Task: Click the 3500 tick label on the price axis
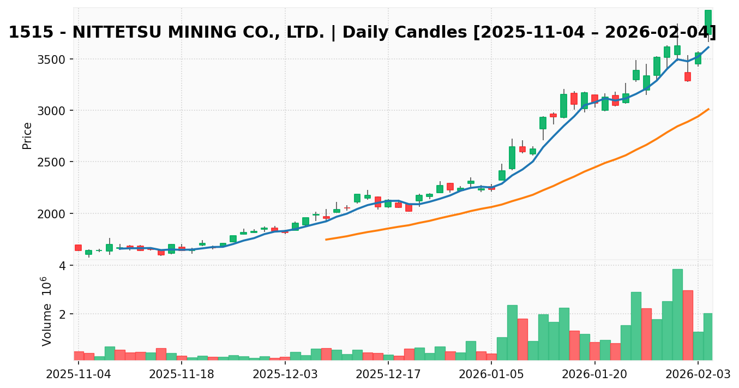(x=52, y=59)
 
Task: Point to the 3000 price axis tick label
(x=52, y=111)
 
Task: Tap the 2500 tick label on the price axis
(x=52, y=162)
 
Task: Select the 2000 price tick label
(x=52, y=213)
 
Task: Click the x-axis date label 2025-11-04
(x=79, y=374)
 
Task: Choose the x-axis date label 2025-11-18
(x=182, y=374)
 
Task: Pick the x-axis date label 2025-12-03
(x=285, y=374)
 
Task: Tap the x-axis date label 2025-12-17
(x=388, y=374)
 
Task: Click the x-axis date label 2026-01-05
(x=491, y=374)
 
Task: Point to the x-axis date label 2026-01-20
(x=594, y=374)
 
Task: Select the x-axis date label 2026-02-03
(x=698, y=374)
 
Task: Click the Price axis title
(x=27, y=135)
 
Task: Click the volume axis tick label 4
(x=62, y=266)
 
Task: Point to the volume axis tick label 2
(x=62, y=314)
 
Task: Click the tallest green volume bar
(x=677, y=314)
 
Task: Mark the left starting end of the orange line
(x=326, y=239)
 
